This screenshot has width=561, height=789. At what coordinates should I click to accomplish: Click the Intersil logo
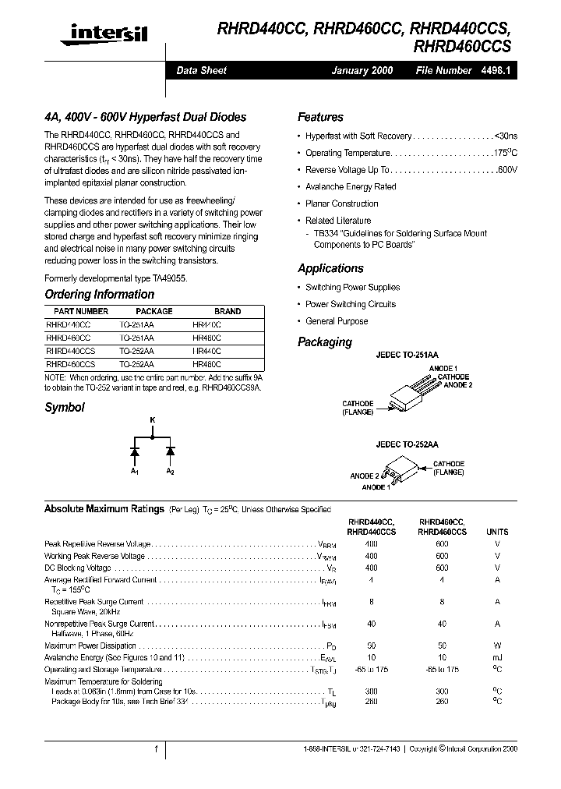[107, 32]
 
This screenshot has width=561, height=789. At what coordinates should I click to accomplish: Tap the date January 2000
[362, 70]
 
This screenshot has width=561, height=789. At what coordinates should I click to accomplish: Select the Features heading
[320, 117]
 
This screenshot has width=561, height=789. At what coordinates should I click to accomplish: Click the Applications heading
[330, 268]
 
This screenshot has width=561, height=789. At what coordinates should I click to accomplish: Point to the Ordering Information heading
[99, 295]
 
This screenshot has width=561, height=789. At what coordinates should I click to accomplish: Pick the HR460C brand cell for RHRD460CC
[206, 338]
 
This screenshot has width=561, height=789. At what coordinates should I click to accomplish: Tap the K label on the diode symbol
[153, 421]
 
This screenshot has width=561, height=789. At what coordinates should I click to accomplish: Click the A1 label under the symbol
[134, 472]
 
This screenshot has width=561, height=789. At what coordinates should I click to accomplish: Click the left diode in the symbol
[134, 451]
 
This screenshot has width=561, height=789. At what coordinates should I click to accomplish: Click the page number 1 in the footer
[157, 748]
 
